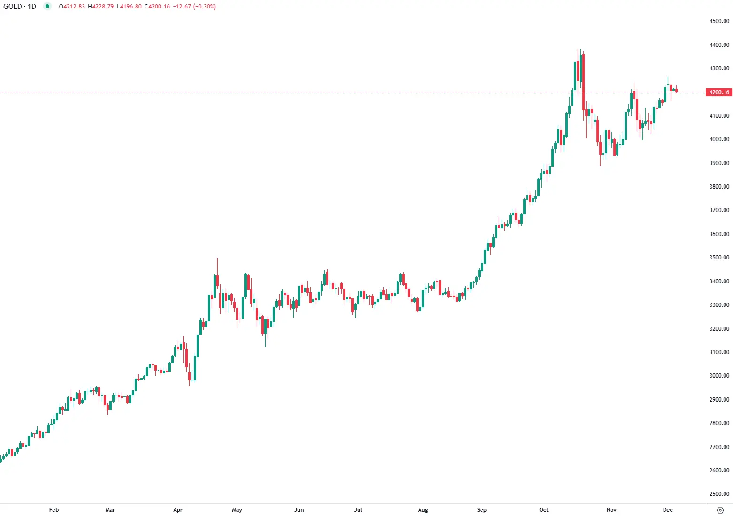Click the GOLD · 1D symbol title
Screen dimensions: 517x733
point(20,7)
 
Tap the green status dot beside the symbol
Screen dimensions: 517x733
point(47,6)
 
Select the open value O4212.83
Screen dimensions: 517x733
point(72,7)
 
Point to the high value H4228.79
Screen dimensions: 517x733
point(101,7)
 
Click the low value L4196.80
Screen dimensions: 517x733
point(129,7)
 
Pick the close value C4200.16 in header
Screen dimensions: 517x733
point(157,7)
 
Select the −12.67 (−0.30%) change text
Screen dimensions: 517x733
point(194,7)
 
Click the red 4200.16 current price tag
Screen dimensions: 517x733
point(719,92)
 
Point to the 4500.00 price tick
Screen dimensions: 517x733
point(719,21)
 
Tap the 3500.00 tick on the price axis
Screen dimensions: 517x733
point(719,258)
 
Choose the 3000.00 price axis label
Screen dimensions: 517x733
point(719,376)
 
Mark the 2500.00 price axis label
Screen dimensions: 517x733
point(719,494)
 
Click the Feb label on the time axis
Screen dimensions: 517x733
point(54,510)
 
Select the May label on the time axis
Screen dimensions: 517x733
point(237,510)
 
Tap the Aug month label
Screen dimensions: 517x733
point(423,510)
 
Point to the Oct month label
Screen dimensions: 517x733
point(544,510)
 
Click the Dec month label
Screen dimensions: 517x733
point(668,510)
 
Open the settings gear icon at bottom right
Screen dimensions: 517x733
point(720,510)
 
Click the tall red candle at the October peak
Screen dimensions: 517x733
point(583,82)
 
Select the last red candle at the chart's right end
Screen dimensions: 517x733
point(676,91)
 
